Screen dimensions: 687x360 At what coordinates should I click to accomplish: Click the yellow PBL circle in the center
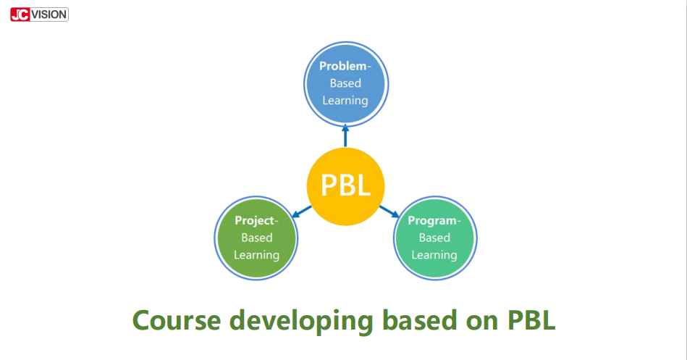pos(345,186)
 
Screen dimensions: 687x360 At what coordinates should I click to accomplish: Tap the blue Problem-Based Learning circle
pos(346,84)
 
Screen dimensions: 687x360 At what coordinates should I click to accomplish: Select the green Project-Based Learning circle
pos(256,238)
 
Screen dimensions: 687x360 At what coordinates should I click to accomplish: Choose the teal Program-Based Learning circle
pos(434,238)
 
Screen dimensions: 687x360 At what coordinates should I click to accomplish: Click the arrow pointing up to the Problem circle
pos(345,136)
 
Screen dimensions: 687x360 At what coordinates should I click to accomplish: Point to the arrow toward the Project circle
pos(301,212)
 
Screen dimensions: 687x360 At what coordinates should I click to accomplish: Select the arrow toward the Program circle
pos(389,212)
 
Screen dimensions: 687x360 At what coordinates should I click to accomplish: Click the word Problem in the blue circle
pos(343,66)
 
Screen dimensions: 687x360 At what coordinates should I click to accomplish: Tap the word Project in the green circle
pos(255,220)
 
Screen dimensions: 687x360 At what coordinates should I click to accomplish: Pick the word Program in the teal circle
pos(432,220)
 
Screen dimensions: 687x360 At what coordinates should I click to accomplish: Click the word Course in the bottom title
pos(177,321)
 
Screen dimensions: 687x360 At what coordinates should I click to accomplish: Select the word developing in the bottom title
pos(301,322)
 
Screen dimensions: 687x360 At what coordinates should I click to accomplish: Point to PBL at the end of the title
pos(531,320)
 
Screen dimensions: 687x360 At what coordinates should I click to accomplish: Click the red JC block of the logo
pos(20,14)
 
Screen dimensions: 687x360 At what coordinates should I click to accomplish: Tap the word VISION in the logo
pos(49,14)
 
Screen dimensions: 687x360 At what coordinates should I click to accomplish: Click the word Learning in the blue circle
pos(345,101)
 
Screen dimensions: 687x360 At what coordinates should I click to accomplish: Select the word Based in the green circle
pos(257,238)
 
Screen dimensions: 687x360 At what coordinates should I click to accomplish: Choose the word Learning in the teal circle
pos(434,255)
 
